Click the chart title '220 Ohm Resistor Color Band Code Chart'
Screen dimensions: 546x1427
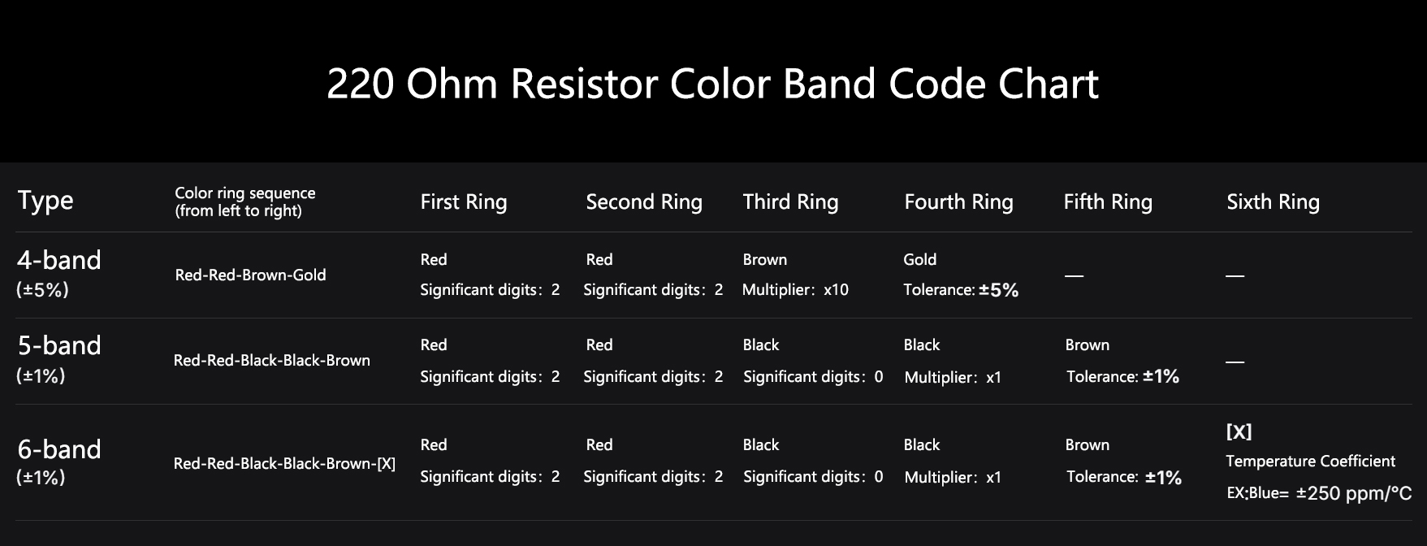coord(712,84)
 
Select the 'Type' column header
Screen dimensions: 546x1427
coord(45,201)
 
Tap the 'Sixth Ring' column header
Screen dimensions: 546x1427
coord(1273,202)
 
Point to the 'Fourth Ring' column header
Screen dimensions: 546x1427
coord(958,202)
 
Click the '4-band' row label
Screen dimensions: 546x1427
coord(59,260)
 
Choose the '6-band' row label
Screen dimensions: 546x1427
coord(59,449)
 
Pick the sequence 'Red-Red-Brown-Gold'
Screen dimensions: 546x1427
coord(250,275)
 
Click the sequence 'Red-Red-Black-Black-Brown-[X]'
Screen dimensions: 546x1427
coord(284,464)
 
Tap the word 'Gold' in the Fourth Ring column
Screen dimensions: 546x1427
coord(919,260)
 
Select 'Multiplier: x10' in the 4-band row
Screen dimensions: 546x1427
coord(795,290)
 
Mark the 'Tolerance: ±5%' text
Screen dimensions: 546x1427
coord(961,290)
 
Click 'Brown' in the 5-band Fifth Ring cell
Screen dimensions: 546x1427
coord(1087,345)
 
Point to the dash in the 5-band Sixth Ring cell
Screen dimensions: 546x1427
coord(1235,362)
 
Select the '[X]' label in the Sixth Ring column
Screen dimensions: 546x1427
coord(1239,432)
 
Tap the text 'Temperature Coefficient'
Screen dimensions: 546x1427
coord(1310,461)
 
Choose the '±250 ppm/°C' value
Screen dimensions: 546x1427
coord(1353,493)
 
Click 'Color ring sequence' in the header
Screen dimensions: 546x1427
coord(244,193)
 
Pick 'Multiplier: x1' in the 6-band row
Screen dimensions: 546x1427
coord(953,478)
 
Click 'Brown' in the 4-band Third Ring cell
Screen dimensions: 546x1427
coord(764,260)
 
